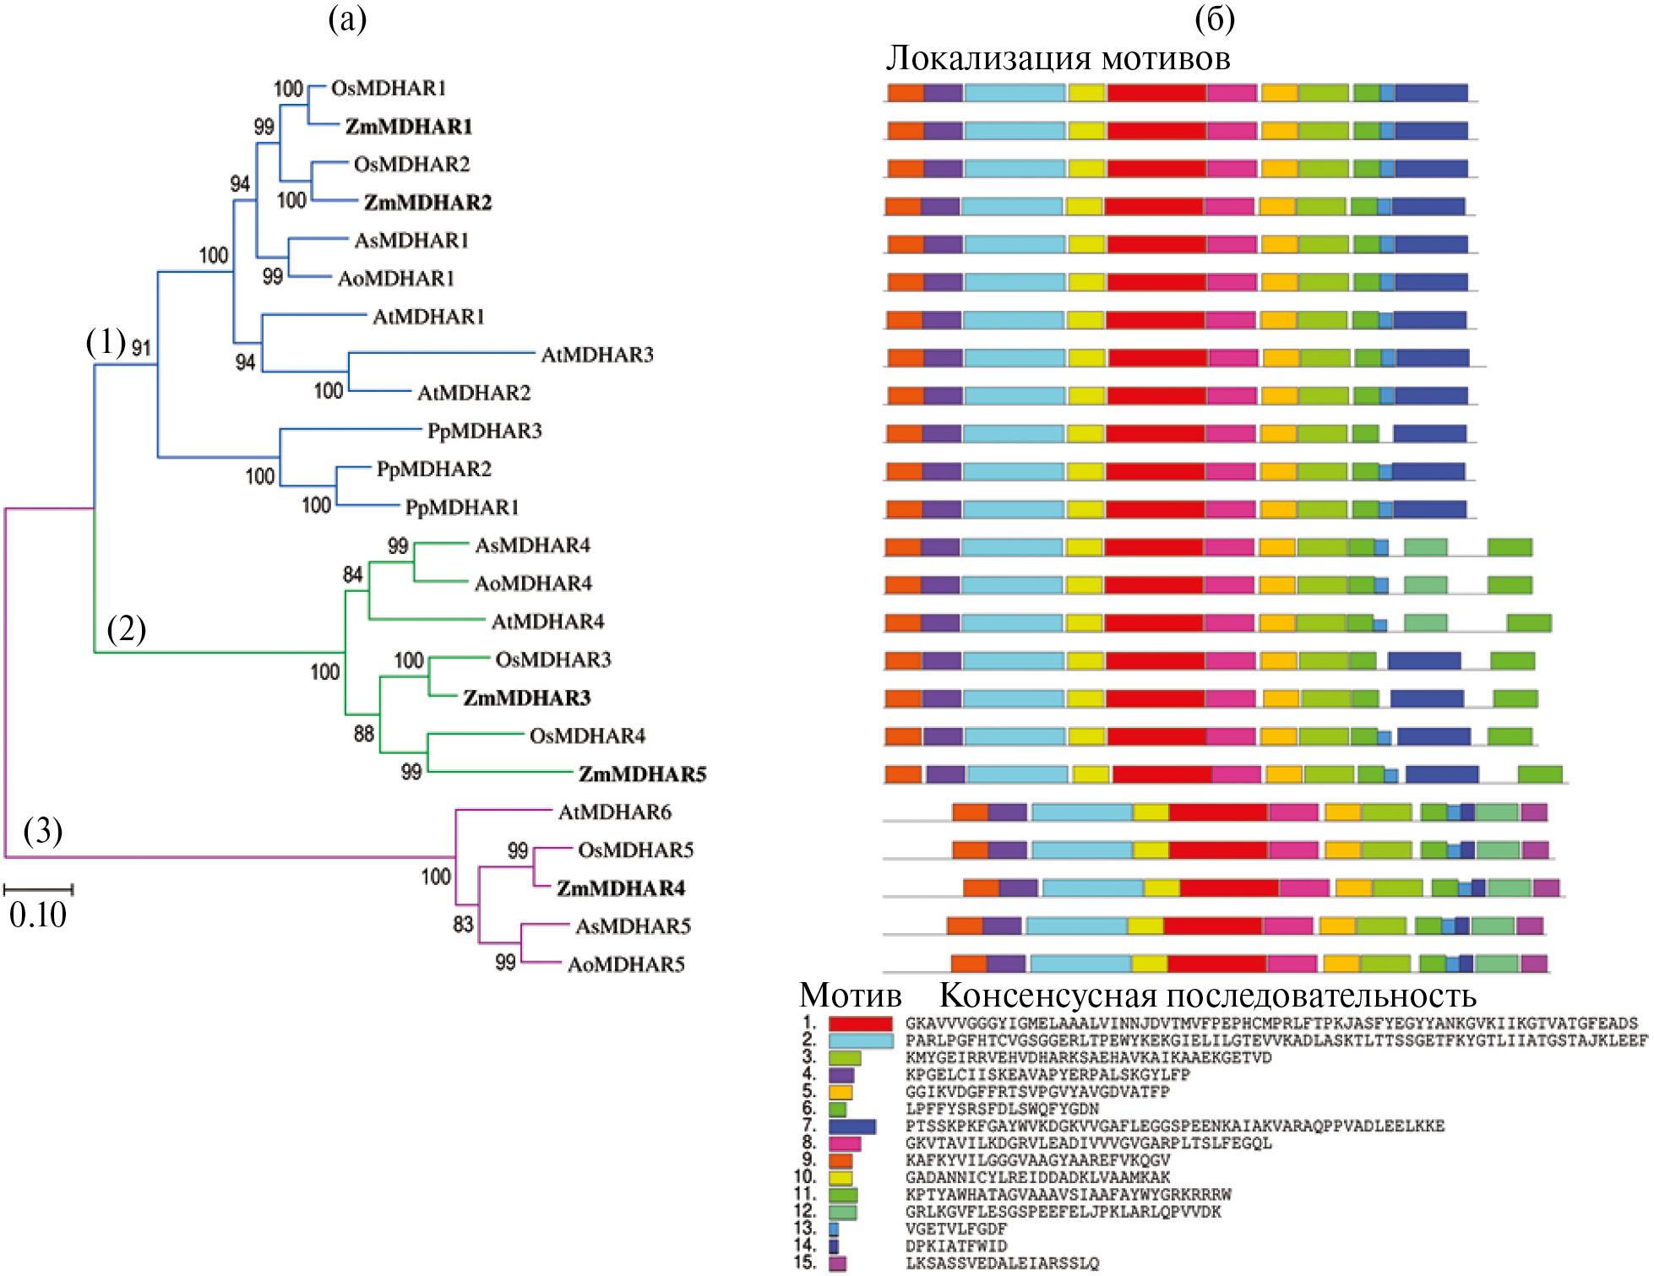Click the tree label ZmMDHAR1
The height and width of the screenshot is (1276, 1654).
tap(408, 127)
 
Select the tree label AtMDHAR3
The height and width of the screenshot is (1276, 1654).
tap(597, 355)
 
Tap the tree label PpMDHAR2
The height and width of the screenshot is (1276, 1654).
tap(433, 469)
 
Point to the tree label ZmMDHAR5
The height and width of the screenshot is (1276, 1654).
tap(642, 774)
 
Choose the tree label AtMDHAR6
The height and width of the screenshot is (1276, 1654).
tap(614, 812)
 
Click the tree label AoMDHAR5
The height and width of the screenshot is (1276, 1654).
tap(625, 964)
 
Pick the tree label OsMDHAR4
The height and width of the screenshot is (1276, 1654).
tap(587, 736)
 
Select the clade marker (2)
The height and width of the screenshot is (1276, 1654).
tap(126, 628)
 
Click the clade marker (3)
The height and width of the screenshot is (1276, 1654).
tap(42, 831)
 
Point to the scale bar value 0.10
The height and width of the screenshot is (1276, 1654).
tap(38, 915)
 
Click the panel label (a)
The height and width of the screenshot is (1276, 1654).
tap(347, 19)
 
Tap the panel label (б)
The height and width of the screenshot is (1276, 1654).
tap(1215, 19)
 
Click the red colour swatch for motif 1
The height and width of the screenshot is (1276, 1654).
tap(860, 1024)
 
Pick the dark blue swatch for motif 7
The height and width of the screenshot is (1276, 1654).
tap(851, 1127)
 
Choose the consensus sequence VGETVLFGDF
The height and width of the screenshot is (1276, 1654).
tap(956, 1229)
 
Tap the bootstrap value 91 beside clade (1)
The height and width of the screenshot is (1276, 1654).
tap(141, 347)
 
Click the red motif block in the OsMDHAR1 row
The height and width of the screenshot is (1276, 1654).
tap(1156, 93)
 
